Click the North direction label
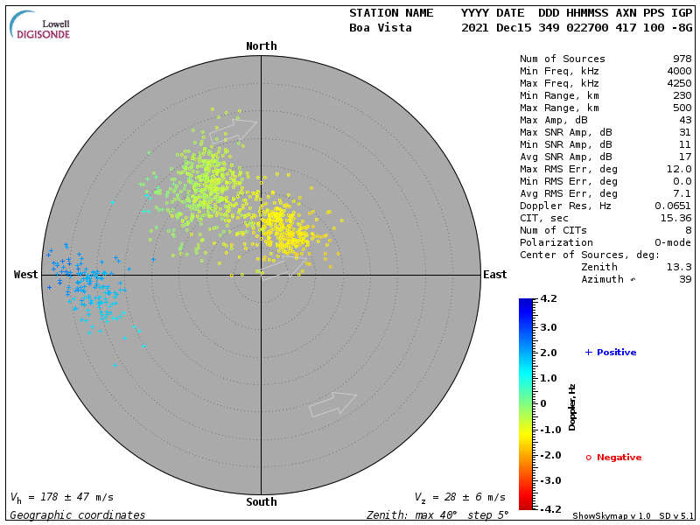[x=261, y=46]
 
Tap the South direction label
[x=261, y=502]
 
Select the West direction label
[x=25, y=275]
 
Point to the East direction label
[x=494, y=275]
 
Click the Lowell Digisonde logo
[x=40, y=25]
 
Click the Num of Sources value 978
[x=682, y=59]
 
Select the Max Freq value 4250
[x=679, y=84]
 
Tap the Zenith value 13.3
[x=679, y=268]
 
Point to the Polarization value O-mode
[x=670, y=243]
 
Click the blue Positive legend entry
[x=612, y=353]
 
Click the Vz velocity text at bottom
[x=459, y=497]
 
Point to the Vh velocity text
[x=61, y=497]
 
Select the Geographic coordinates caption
[x=78, y=515]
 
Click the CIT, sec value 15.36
[x=675, y=219]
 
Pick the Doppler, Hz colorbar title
[x=572, y=406]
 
